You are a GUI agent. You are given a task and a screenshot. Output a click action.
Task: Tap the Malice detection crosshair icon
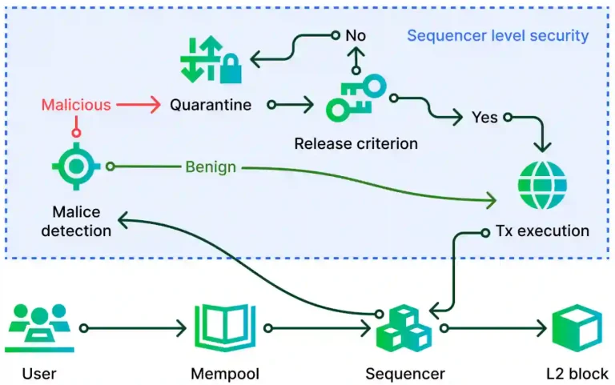[77, 166]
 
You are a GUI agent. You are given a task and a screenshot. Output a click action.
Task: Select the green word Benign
[211, 166]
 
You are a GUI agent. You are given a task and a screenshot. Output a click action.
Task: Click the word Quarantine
[211, 105]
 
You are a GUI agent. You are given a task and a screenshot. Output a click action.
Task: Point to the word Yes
[484, 118]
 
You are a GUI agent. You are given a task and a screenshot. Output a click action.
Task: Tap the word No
[354, 35]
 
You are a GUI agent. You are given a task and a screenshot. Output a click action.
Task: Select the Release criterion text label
[356, 144]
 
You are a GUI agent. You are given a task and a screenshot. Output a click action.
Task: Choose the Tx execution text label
[541, 231]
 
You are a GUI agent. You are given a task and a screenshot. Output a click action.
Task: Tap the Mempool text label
[225, 373]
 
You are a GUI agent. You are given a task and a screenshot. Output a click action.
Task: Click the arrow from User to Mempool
[132, 328]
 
